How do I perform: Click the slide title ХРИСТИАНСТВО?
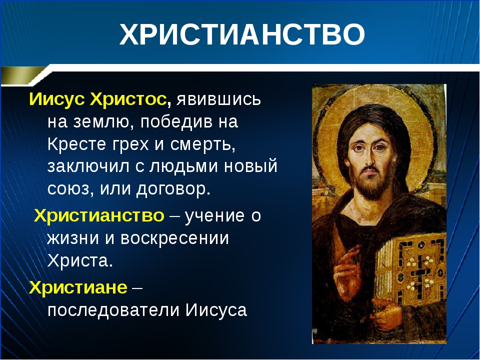(x=242, y=34)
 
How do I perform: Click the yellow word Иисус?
(x=56, y=99)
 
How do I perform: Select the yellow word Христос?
(x=128, y=99)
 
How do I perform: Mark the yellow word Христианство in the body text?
(x=99, y=215)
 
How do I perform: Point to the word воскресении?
(x=174, y=238)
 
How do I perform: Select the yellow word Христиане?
(x=78, y=287)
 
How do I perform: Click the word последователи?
(x=113, y=310)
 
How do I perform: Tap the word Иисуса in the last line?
(x=216, y=310)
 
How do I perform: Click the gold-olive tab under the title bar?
(x=23, y=75)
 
